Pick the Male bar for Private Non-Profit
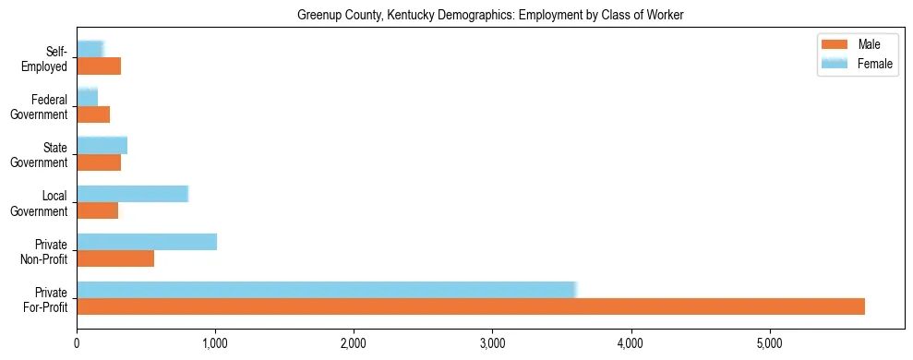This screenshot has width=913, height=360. [115, 258]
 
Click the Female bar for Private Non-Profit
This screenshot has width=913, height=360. [147, 242]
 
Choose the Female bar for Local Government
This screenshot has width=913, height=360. [132, 194]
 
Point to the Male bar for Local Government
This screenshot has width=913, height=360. [97, 210]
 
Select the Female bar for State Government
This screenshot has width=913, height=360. [102, 145]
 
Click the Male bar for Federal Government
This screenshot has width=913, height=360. [93, 114]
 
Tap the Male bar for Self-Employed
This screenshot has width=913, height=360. [99, 66]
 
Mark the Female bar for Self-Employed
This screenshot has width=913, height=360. [90, 49]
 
